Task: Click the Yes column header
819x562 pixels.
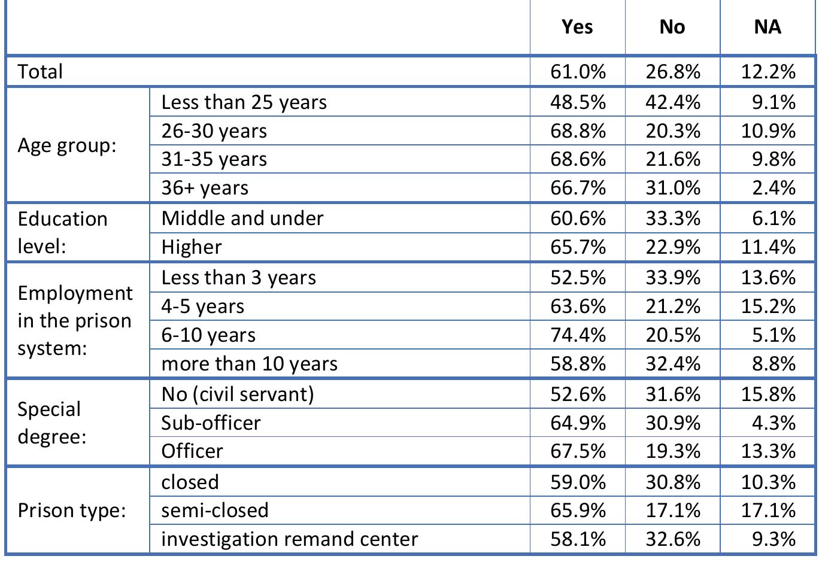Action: point(577,27)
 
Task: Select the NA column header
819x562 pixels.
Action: point(768,27)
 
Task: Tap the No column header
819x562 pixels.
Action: point(672,27)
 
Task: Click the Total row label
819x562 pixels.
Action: point(40,72)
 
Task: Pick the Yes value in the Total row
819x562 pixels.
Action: point(578,72)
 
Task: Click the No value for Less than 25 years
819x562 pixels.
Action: point(673,102)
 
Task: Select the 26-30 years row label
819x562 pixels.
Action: point(214,131)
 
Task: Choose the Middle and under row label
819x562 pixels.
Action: point(242,218)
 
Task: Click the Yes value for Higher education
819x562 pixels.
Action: point(578,247)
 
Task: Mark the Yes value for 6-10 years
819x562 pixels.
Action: point(578,335)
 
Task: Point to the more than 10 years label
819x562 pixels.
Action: point(249,364)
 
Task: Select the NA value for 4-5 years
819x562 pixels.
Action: point(768,306)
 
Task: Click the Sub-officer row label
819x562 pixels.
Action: point(211,423)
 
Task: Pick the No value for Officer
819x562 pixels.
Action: point(673,451)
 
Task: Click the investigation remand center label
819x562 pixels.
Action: point(289,539)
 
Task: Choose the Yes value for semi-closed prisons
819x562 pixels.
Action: point(578,511)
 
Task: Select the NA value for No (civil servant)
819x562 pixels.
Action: point(768,394)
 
